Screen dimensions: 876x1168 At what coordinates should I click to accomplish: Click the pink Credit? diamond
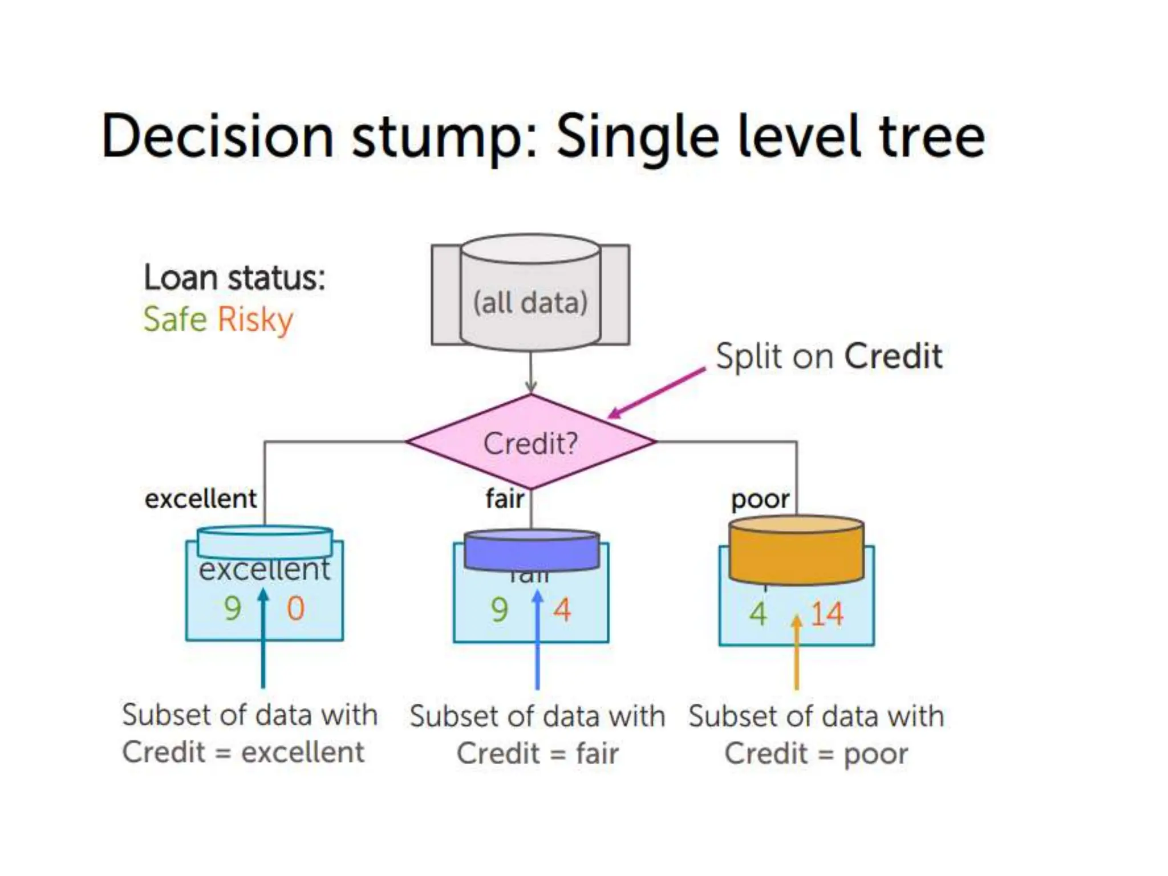530,442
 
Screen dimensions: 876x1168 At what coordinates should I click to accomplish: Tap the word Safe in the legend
175,319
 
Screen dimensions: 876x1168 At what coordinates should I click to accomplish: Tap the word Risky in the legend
255,320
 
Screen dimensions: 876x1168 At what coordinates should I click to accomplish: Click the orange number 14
826,614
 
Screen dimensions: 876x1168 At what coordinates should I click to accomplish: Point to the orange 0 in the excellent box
295,609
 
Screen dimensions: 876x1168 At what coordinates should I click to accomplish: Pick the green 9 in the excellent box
232,609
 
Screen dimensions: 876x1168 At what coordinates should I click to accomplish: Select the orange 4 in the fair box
562,610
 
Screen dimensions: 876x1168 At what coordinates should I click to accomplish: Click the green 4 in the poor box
758,614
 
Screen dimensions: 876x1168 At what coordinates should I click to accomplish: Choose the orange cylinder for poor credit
796,550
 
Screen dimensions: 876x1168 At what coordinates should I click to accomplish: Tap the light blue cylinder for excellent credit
265,542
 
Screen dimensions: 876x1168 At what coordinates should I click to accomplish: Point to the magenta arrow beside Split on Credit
656,394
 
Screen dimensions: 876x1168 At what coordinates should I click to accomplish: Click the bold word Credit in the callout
893,356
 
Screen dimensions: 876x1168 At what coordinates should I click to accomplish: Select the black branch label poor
760,500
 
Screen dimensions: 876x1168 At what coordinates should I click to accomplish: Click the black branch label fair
505,498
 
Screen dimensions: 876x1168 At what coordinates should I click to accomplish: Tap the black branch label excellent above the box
200,499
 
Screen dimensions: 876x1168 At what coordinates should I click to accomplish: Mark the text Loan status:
234,278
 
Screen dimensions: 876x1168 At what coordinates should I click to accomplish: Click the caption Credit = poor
816,754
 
